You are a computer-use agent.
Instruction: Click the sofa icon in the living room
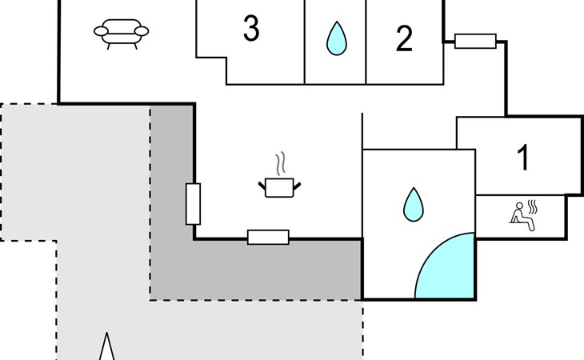122,34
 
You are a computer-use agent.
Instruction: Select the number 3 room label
251,30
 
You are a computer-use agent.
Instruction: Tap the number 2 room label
404,38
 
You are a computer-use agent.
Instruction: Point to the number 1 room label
523,158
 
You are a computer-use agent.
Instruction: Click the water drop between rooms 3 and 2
336,38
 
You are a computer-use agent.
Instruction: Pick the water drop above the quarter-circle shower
413,204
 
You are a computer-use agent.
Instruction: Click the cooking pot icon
279,187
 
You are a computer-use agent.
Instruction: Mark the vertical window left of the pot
193,203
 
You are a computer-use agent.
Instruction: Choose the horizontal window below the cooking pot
268,237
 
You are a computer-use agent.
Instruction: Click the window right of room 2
475,41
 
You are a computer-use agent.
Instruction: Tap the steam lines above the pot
279,165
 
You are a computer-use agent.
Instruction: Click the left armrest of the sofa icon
101,31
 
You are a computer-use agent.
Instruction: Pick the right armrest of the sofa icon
142,31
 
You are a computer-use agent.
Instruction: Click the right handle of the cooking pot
298,186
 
